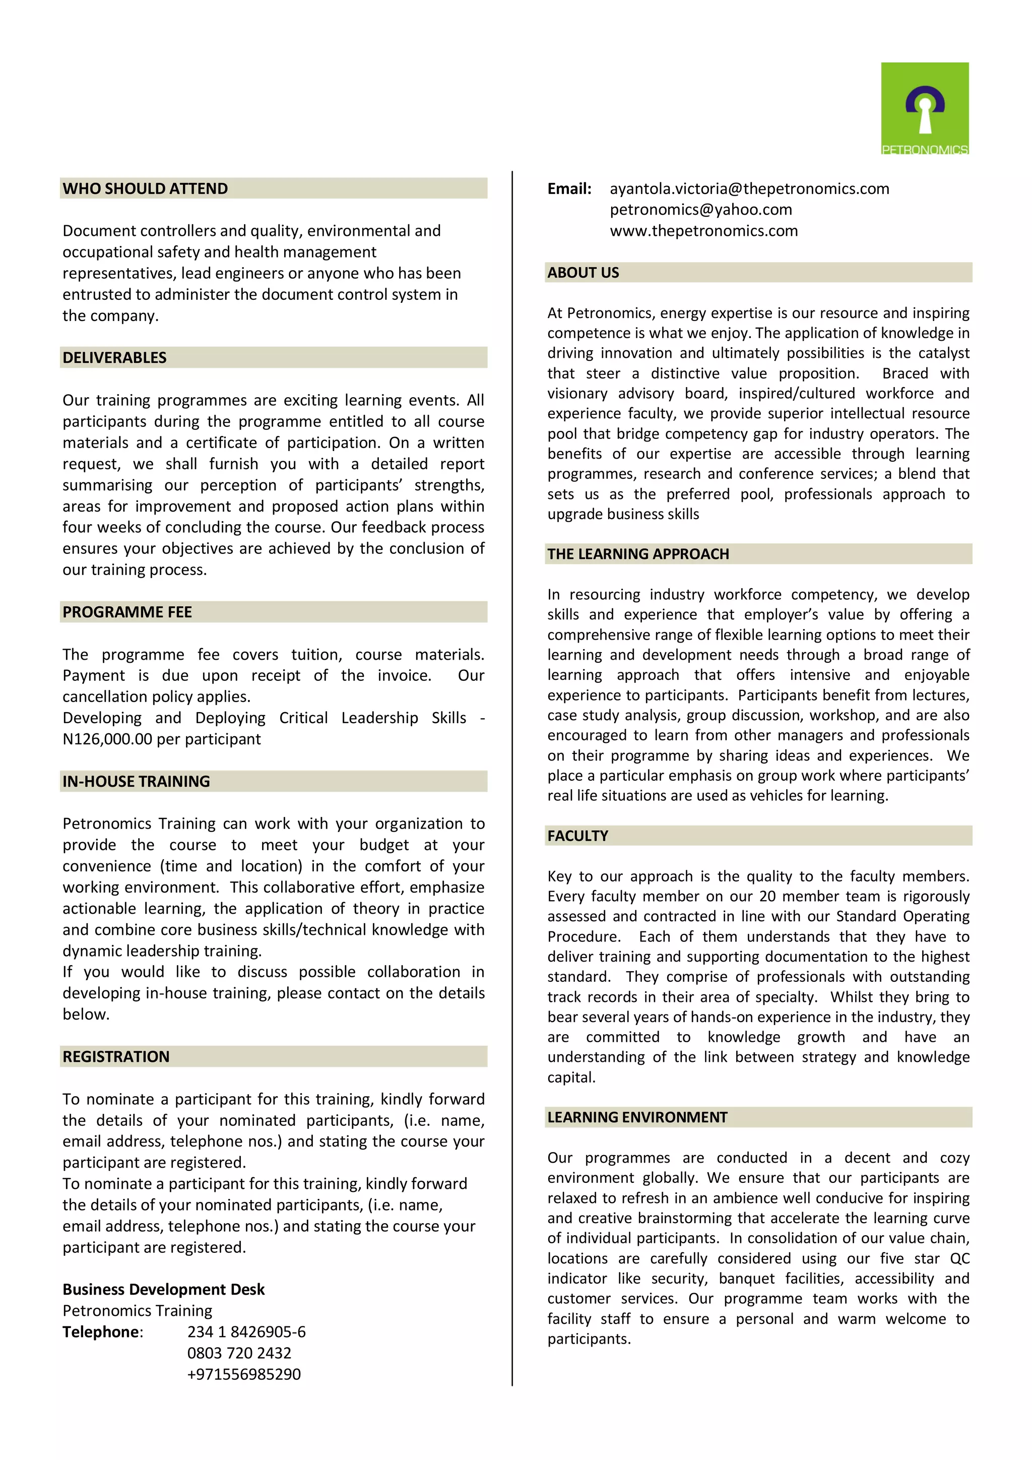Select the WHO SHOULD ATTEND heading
[x=145, y=189]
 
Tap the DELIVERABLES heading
[x=114, y=358]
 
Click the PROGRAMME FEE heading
[x=127, y=612]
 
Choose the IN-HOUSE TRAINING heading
[x=136, y=782]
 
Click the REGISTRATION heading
[x=116, y=1057]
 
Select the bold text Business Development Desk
[x=163, y=1290]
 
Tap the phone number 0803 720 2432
[x=239, y=1353]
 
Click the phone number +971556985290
[x=243, y=1374]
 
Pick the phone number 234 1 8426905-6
[x=246, y=1332]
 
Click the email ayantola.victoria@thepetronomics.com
[x=749, y=189]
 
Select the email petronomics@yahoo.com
[x=701, y=210]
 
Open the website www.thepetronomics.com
[x=703, y=231]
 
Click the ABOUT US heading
[x=583, y=273]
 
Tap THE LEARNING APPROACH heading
[x=638, y=554]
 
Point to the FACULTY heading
[x=577, y=836]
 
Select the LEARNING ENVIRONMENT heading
[x=637, y=1118]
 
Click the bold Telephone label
[x=102, y=1332]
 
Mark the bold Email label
[x=569, y=189]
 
